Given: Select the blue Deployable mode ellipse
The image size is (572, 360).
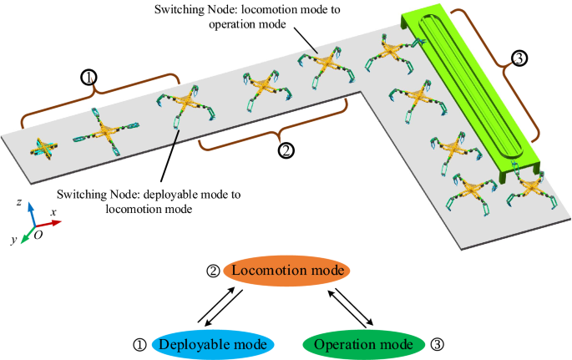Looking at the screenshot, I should [x=212, y=344].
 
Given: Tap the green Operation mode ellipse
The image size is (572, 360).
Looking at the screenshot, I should [x=359, y=344].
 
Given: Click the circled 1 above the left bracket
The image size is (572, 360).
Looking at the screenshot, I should [x=89, y=77].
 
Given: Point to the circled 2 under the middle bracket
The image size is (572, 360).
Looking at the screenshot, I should [x=286, y=150].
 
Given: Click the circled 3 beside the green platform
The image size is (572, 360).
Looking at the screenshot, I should [x=519, y=58].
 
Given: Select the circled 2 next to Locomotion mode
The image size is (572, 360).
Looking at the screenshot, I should [x=214, y=271].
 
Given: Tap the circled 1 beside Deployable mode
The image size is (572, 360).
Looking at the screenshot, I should [x=139, y=344].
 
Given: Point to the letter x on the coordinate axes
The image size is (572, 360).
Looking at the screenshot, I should [x=53, y=213].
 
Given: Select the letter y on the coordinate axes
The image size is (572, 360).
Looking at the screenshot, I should [x=14, y=240].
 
